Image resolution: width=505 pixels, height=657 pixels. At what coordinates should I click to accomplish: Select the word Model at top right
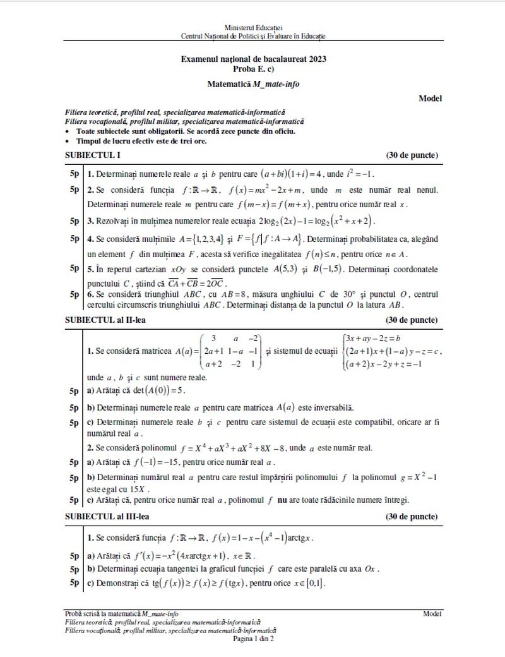(430, 98)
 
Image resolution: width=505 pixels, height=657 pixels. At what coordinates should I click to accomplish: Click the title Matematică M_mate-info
(253, 83)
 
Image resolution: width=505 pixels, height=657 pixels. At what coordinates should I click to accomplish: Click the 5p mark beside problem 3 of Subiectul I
(74, 220)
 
